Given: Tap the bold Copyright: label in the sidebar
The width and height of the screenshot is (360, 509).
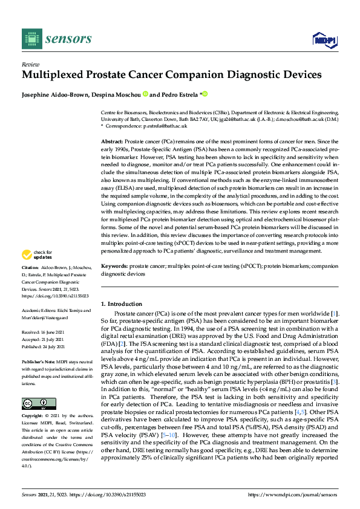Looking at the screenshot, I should tap(33, 417).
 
